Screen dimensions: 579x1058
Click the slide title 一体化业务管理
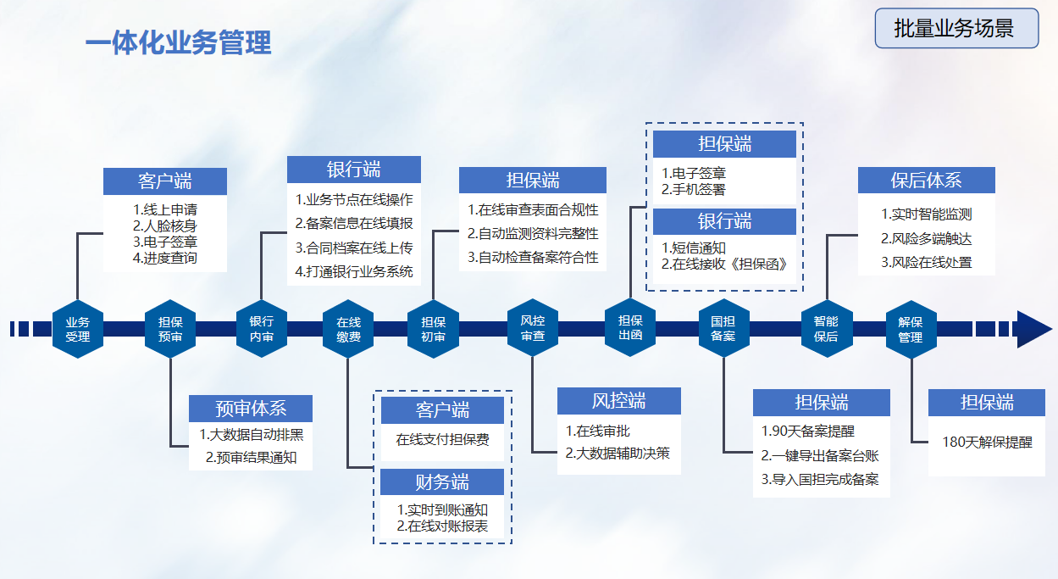pos(179,42)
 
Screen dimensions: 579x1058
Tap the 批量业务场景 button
pos(956,29)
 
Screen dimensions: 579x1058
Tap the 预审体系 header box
pos(251,409)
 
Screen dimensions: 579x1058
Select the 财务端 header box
pos(442,482)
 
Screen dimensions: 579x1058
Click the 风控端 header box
pos(618,401)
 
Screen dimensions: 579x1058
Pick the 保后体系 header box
pos(926,181)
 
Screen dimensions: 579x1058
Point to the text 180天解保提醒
pos(988,443)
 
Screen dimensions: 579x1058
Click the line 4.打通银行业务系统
pos(354,272)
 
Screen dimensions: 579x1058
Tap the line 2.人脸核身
pos(165,225)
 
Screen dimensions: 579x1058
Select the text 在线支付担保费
pos(442,440)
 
